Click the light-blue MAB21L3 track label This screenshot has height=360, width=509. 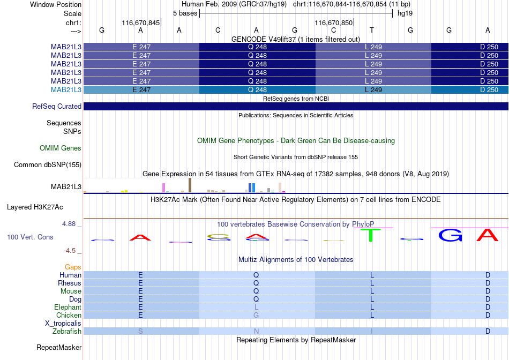click(x=66, y=89)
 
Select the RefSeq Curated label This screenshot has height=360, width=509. click(x=57, y=106)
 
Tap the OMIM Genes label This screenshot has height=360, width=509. click(x=61, y=148)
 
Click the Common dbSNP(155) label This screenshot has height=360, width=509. click(x=47, y=164)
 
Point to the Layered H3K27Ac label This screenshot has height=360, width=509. click(x=35, y=207)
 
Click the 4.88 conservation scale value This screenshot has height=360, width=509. click(x=69, y=224)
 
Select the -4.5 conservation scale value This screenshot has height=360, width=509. click(x=70, y=250)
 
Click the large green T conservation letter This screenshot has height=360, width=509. click(x=371, y=235)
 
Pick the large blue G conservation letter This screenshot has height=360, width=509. click(x=450, y=235)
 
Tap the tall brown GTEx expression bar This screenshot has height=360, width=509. click(x=190, y=185)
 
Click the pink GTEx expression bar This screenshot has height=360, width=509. click(x=163, y=187)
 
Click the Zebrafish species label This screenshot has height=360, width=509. click(x=67, y=331)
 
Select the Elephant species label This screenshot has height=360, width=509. click(x=68, y=307)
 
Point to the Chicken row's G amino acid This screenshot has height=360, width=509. click(x=256, y=315)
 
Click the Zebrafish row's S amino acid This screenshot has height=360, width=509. click(x=140, y=331)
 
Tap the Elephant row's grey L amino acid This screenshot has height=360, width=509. click(x=256, y=307)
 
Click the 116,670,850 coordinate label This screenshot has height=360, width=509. click(x=333, y=22)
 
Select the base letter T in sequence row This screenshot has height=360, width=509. click(x=372, y=30)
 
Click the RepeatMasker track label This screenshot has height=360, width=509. click(x=59, y=347)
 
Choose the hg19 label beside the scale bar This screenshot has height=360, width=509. click(x=405, y=13)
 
